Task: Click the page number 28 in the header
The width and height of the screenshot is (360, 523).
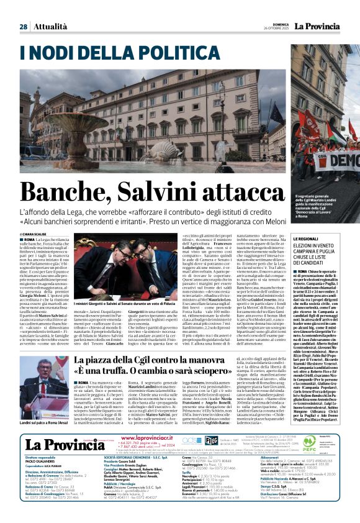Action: [x=23, y=27]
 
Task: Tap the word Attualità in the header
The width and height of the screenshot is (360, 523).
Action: [x=50, y=27]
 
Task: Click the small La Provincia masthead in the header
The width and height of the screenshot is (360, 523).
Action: [x=318, y=25]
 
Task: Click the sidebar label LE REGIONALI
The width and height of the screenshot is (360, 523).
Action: [x=306, y=239]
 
